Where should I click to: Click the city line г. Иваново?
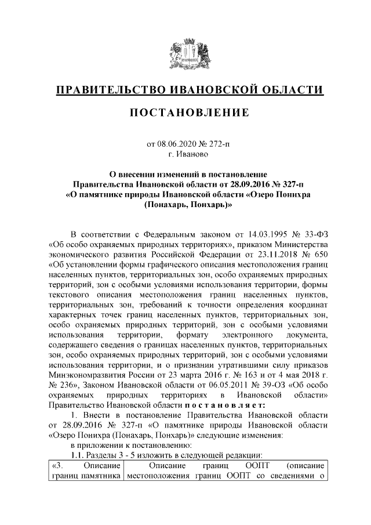[185, 154]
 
